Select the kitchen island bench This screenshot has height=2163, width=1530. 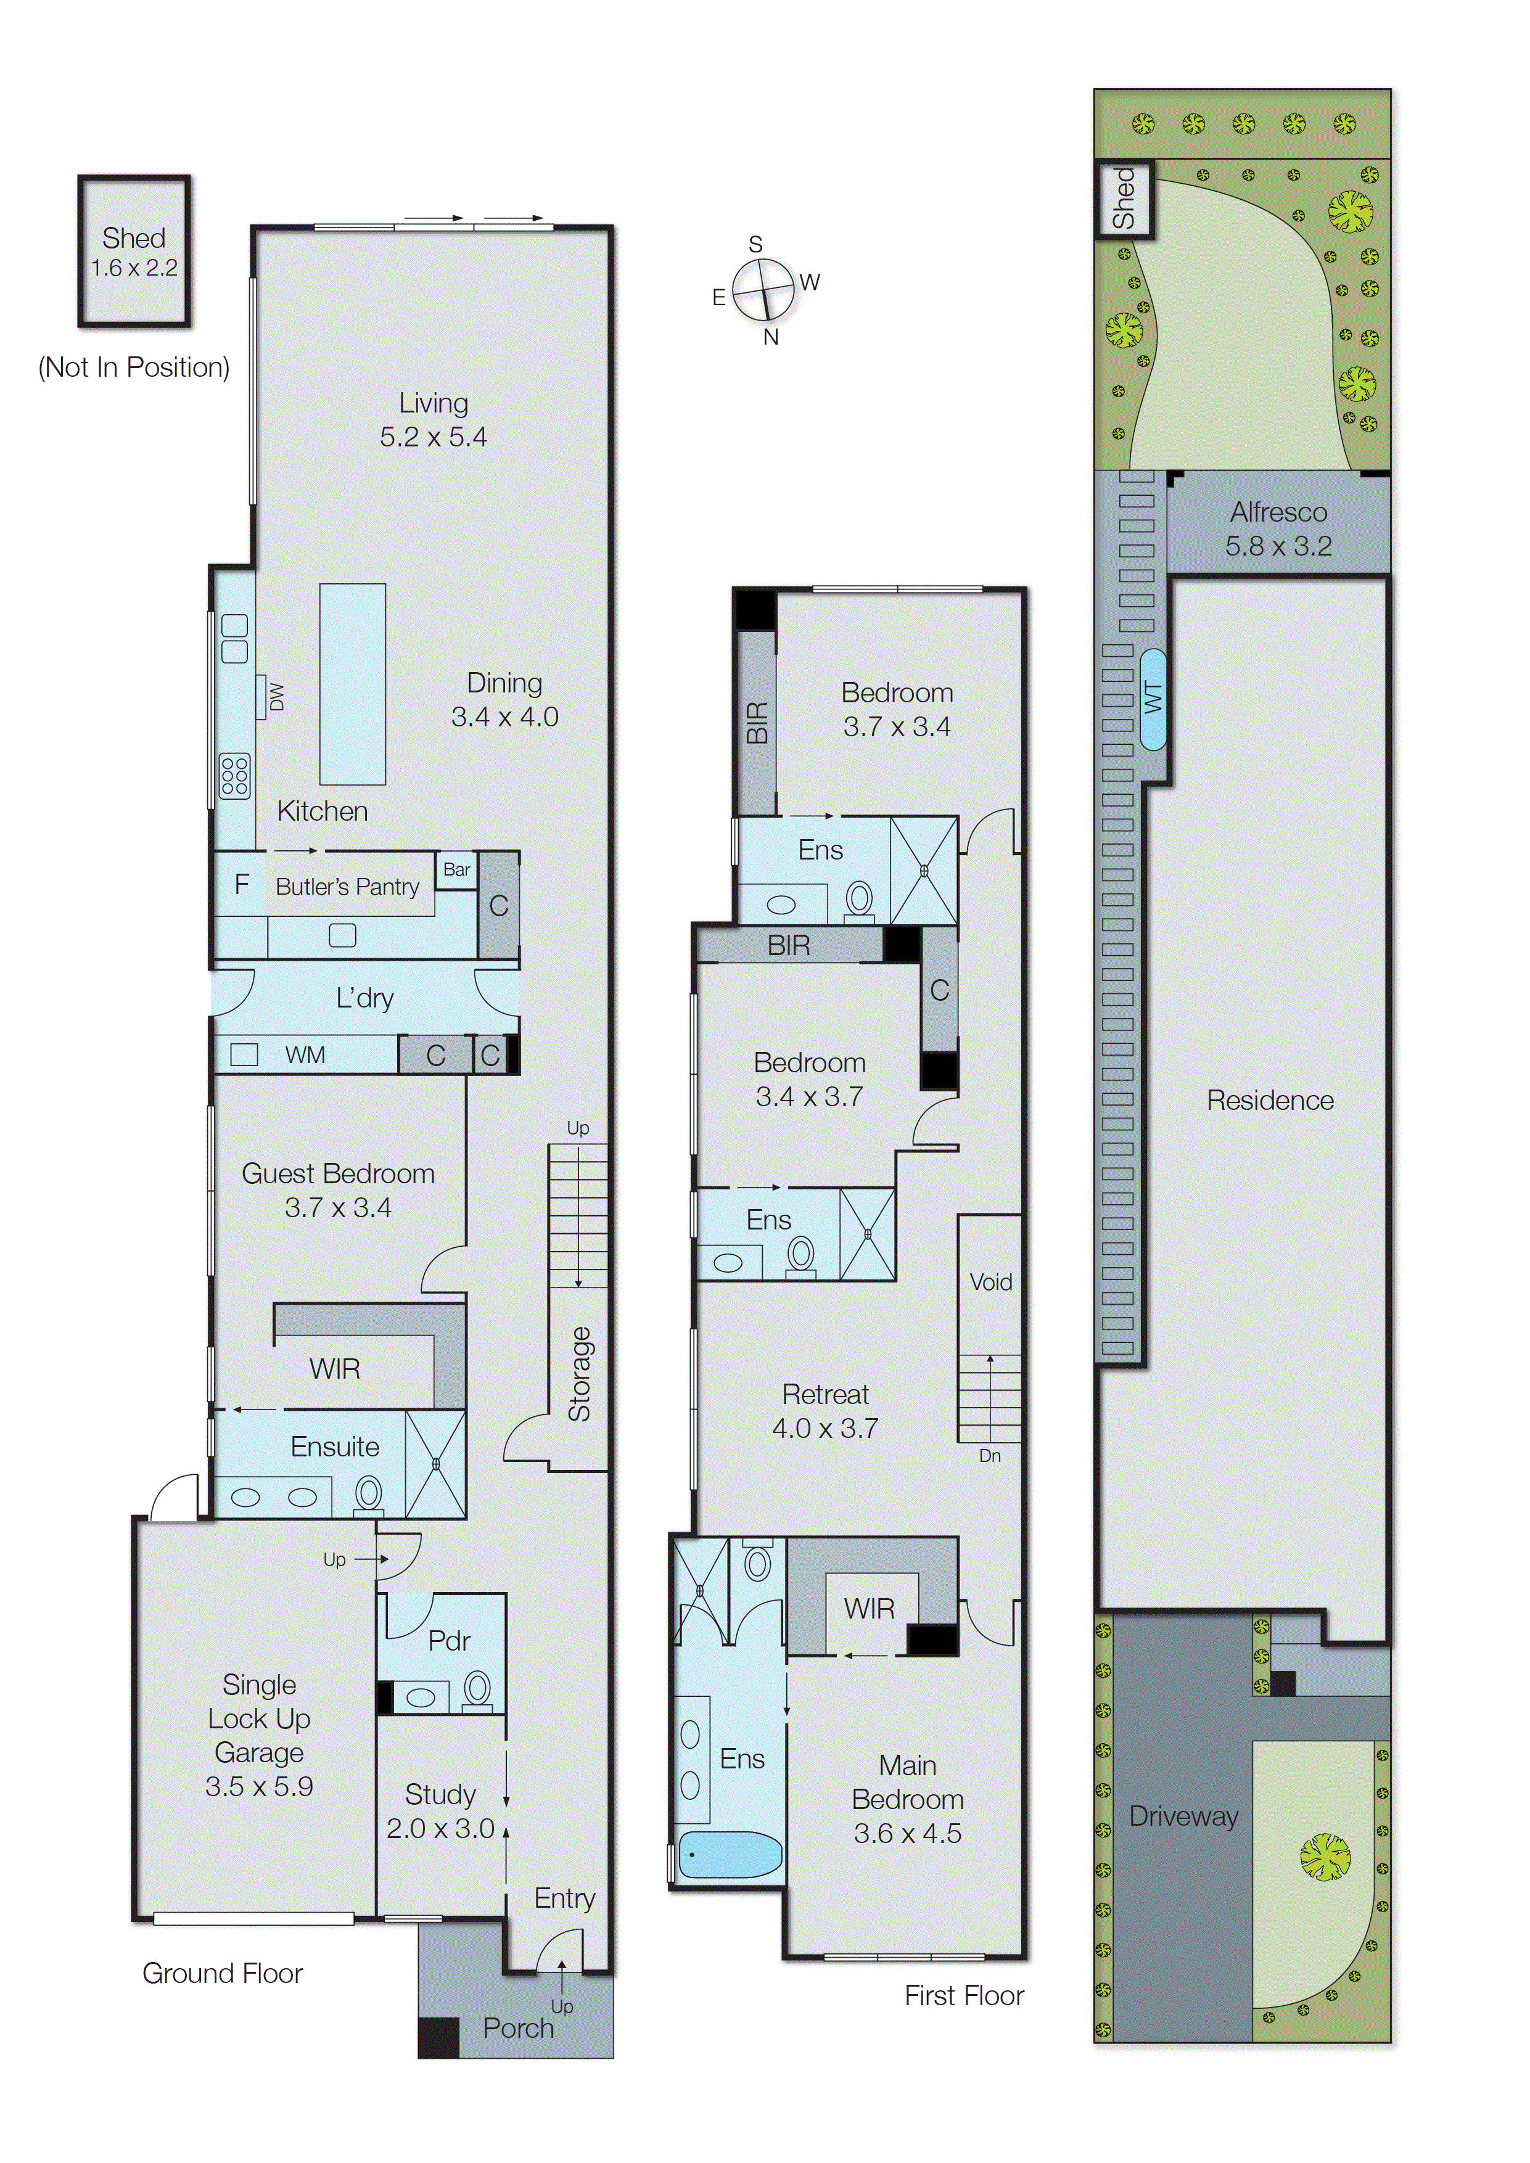point(352,684)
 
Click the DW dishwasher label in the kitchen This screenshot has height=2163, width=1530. point(276,697)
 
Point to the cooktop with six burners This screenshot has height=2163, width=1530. point(234,776)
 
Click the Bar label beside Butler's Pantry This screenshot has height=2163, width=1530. point(457,869)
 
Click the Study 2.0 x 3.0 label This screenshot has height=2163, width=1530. point(440,1811)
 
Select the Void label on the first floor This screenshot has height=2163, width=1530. point(990,1281)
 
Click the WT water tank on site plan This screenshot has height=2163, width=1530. point(1152,698)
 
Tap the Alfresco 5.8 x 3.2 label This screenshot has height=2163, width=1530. point(1278,528)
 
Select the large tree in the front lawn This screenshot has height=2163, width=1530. point(1325,1856)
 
